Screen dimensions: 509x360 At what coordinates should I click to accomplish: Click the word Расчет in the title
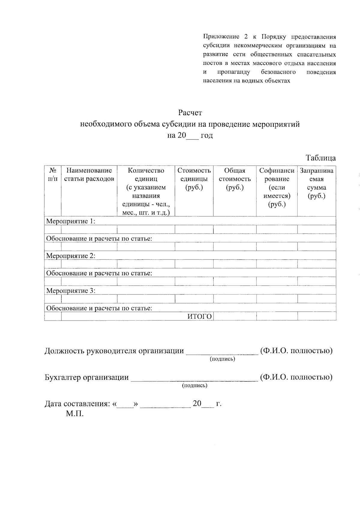pos(190,113)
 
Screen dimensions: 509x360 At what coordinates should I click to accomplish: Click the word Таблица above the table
pos(320,158)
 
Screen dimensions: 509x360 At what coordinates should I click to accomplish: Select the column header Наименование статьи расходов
pos(89,175)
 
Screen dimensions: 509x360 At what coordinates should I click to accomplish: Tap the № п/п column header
pos(53,175)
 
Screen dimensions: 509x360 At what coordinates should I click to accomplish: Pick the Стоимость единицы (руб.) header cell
pos(194,179)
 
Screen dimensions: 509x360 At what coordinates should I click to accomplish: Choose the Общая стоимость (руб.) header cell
pos(235,179)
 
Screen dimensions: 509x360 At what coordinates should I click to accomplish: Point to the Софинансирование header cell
pos(277,187)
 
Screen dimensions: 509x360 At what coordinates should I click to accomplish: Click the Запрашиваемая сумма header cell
pos(316,183)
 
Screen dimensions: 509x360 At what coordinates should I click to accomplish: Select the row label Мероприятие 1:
pos(70,221)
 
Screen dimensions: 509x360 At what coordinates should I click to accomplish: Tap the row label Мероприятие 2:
pos(70,256)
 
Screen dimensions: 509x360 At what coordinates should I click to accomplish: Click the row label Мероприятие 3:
pos(70,291)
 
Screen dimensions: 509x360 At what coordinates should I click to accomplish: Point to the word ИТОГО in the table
pos(199,316)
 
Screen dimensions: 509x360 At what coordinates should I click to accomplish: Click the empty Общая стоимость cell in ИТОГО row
pos(235,316)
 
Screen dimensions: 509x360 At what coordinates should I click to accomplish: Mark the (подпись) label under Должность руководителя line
pos(222,359)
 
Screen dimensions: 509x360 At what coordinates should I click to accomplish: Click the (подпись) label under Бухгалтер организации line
pos(195,385)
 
